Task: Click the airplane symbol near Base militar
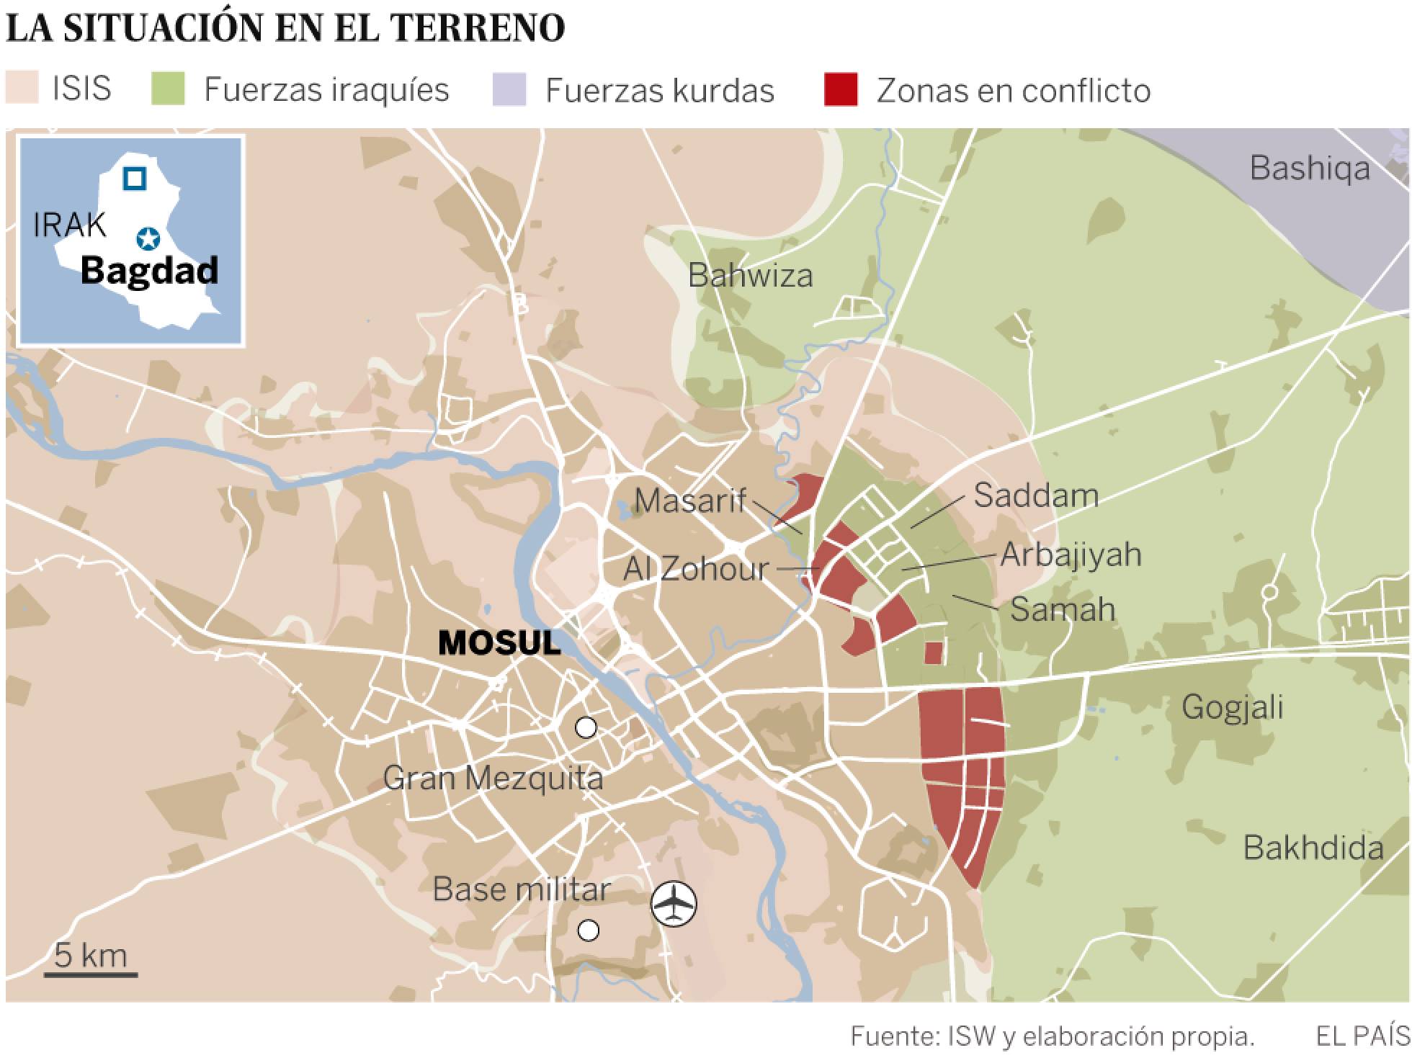point(674,904)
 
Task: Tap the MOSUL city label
point(499,643)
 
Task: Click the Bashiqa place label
point(1309,169)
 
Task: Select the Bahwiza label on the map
point(750,276)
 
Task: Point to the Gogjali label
point(1232,707)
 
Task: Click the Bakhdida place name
point(1313,848)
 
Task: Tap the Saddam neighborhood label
point(1036,495)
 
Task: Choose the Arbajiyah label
point(1071,555)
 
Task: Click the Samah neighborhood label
point(1063,609)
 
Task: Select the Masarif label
point(689,501)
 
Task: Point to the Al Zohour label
point(696,569)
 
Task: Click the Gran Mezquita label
point(493,779)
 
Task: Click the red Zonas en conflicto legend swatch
point(841,90)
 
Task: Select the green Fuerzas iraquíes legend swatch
point(168,90)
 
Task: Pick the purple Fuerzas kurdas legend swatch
point(509,90)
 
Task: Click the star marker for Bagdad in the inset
point(148,238)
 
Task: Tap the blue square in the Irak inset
point(134,178)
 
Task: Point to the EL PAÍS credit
point(1362,1036)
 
